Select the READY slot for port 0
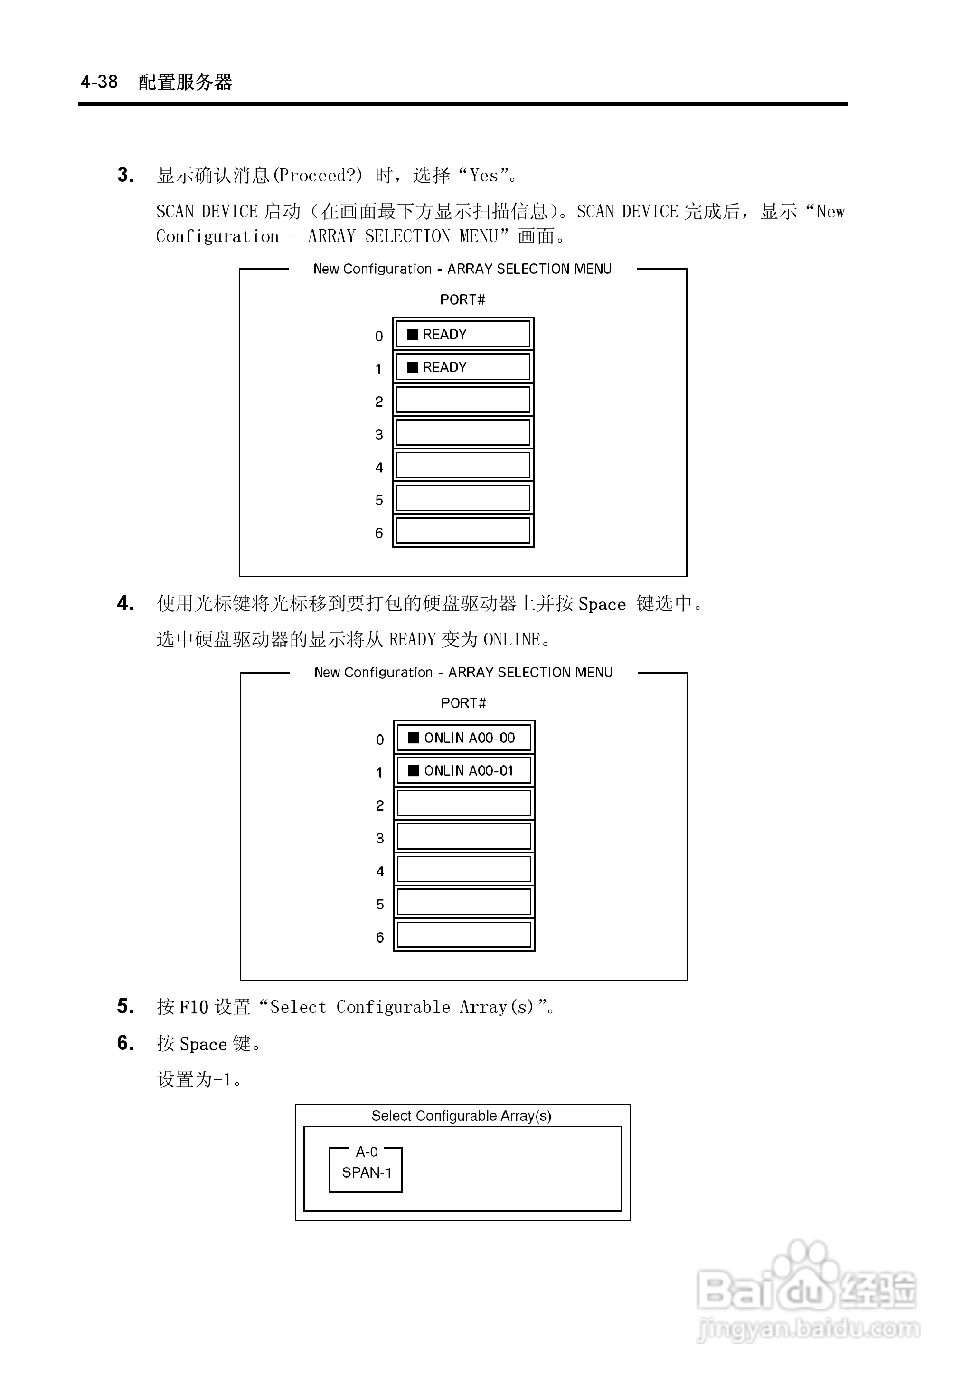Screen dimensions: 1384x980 463,334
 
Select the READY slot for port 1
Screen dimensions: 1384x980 463,367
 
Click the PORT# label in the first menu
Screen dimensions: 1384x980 462,299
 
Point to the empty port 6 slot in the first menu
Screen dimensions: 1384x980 463,531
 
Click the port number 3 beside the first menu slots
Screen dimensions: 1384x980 379,434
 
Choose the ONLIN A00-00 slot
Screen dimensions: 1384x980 464,738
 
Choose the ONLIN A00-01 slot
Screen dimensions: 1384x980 464,770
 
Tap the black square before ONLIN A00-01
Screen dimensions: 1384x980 414,770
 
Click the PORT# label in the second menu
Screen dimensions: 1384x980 463,703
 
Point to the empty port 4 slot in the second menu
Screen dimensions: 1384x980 464,870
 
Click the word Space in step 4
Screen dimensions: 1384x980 602,604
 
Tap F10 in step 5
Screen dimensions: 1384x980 194,1007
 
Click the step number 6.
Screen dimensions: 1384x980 125,1043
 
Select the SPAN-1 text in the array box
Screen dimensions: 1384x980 366,1172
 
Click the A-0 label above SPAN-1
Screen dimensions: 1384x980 366,1152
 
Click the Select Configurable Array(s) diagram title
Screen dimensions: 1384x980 461,1116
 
